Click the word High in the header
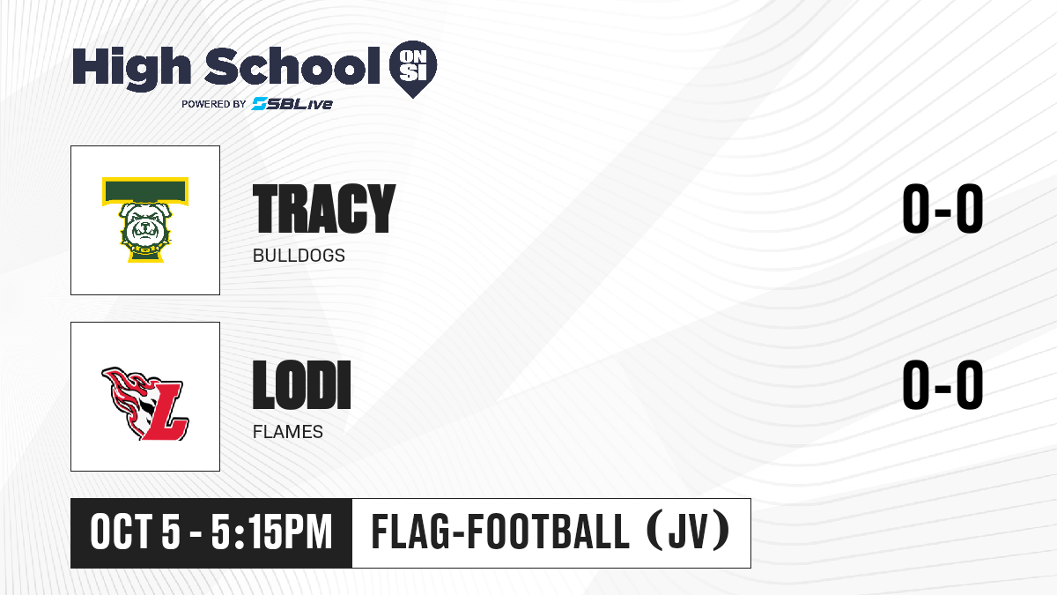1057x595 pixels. pyautogui.click(x=131, y=68)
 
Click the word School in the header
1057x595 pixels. pyautogui.click(x=292, y=66)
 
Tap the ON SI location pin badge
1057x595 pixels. pyautogui.click(x=413, y=69)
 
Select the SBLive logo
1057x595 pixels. pyautogui.click(x=292, y=103)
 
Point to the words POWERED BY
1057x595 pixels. pyautogui.click(x=214, y=104)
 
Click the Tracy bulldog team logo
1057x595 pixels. pyautogui.click(x=145, y=220)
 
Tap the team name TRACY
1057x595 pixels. pyautogui.click(x=324, y=209)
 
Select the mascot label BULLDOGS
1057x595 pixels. pyautogui.click(x=299, y=256)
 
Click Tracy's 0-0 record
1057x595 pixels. pyautogui.click(x=942, y=209)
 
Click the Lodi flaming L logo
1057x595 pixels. pyautogui.click(x=145, y=404)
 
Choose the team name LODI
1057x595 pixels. pyautogui.click(x=302, y=385)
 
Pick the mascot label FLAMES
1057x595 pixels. pyautogui.click(x=288, y=432)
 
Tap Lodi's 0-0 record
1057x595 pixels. pyautogui.click(x=942, y=385)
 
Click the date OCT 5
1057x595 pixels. pyautogui.click(x=136, y=532)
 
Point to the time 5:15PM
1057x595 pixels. pyautogui.click(x=272, y=532)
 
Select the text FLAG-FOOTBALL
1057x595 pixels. pyautogui.click(x=500, y=532)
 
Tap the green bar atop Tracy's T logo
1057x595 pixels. pyautogui.click(x=145, y=190)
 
